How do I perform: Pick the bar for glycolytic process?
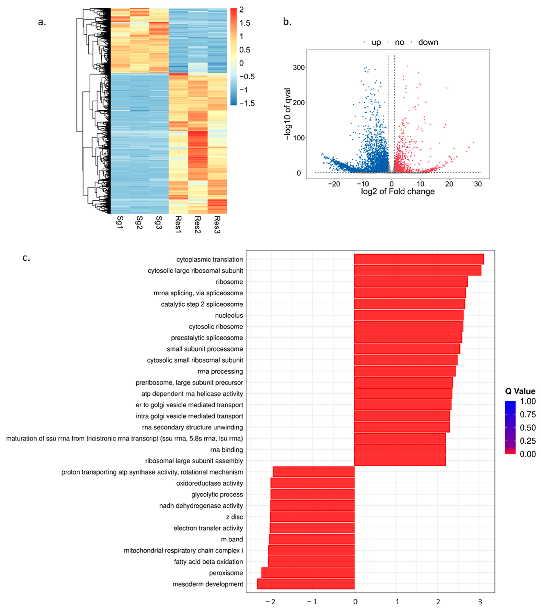point(312,494)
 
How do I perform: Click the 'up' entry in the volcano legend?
point(376,42)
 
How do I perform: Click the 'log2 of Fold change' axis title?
point(398,191)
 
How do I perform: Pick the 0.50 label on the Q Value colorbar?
point(528,428)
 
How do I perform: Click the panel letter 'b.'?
point(287,22)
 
